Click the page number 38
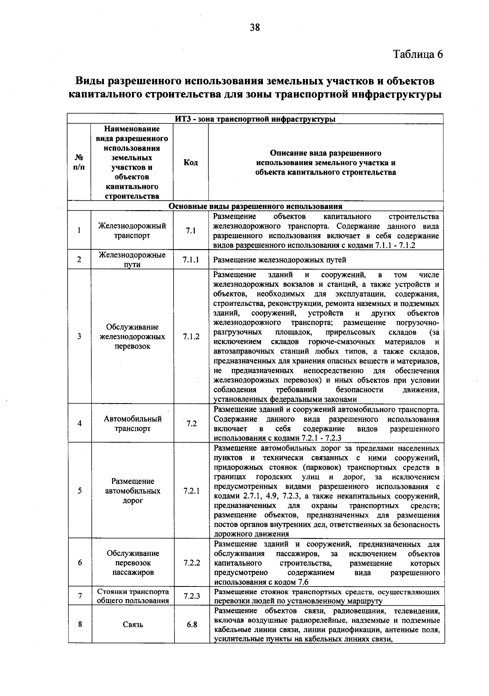coord(255,28)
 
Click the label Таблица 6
coord(417,54)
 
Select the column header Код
coord(191,162)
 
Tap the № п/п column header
coord(79,162)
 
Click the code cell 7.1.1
coord(191,260)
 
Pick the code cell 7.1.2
coord(191,336)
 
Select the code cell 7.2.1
coord(191,491)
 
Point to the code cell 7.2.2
coord(192,563)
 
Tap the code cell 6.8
coord(192,624)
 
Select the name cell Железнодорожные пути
coord(132,260)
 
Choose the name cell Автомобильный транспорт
coord(132,424)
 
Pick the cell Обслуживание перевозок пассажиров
coord(133,563)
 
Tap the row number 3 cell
coord(79,336)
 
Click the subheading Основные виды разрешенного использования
coord(256,206)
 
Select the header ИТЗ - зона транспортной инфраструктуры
coord(256,119)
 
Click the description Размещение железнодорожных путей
coord(280,260)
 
